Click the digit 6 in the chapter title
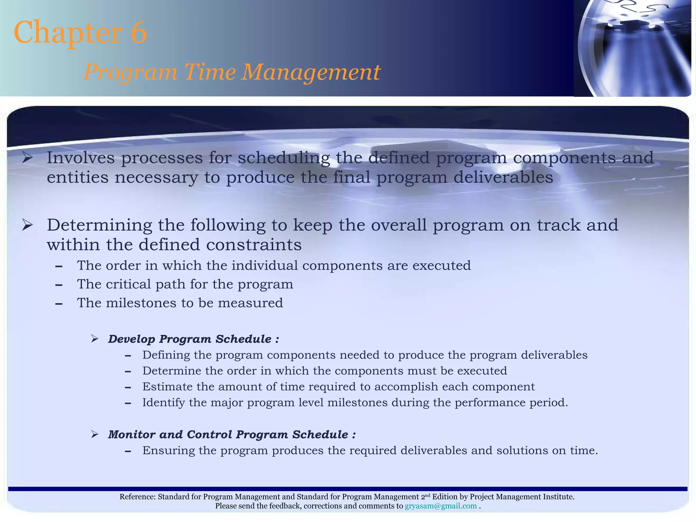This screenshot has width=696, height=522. tap(138, 32)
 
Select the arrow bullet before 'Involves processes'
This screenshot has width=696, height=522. tap(27, 158)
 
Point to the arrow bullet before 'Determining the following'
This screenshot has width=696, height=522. tap(27, 225)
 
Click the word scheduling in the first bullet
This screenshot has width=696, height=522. tap(284, 158)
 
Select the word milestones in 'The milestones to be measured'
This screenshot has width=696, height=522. tap(141, 303)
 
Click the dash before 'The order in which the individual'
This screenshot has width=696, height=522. tap(59, 266)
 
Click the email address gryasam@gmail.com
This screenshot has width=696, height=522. tap(440, 506)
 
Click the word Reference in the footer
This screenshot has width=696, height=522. tap(137, 497)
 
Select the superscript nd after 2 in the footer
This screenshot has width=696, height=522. tap(428, 495)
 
